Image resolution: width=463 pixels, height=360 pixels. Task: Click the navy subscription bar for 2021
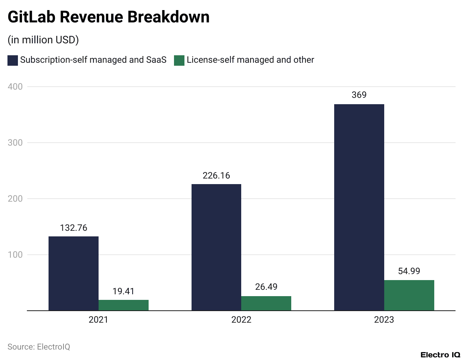point(74,273)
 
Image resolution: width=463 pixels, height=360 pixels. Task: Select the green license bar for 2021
point(124,305)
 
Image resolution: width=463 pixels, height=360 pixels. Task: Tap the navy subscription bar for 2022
point(216,247)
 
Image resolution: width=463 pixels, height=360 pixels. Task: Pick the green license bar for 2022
point(266,303)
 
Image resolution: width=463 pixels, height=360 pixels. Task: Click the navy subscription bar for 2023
point(359,207)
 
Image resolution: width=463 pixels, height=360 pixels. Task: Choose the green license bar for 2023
point(409,295)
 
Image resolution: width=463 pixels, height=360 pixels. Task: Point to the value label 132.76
point(74,228)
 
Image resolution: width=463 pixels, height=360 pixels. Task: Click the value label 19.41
point(124,291)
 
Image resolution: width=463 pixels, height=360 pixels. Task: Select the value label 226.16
point(216,176)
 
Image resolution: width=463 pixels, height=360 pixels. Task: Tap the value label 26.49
point(266,287)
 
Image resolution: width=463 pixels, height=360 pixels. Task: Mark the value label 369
point(359,95)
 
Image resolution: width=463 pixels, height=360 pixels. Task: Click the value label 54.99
point(409,271)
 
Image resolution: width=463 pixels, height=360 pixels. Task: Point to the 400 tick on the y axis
point(15,87)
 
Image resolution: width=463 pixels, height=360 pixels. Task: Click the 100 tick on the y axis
point(15,255)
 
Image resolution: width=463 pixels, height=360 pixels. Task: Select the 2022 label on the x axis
point(241,320)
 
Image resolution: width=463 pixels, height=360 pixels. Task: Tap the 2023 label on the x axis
point(384,320)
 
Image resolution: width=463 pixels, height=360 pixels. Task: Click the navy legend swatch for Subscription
point(13,60)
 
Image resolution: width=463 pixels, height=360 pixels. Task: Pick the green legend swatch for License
point(179,60)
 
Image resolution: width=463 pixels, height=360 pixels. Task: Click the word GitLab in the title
point(31,17)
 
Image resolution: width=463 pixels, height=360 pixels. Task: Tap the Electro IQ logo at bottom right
point(440,355)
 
